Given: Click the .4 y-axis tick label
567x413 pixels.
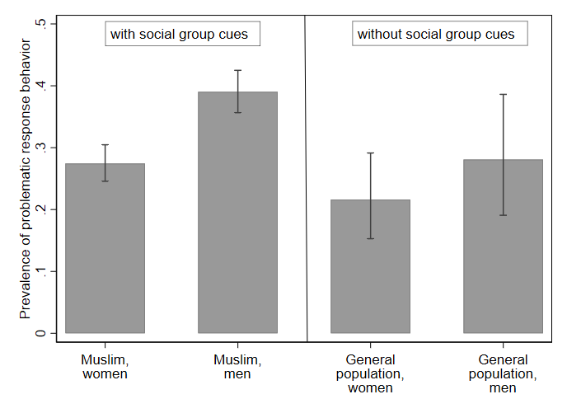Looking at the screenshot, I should pyautogui.click(x=41, y=86).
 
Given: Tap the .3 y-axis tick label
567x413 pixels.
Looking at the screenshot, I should pyautogui.click(x=41, y=148).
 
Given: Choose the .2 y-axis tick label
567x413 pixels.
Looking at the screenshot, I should pyautogui.click(x=41, y=209).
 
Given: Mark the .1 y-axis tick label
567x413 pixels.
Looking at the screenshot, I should pyautogui.click(x=41, y=271).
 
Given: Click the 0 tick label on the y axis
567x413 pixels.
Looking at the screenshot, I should pyautogui.click(x=41, y=333).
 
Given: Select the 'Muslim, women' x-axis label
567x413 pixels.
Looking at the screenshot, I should pyautogui.click(x=105, y=368).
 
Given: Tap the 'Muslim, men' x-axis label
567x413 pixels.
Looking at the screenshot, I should pyautogui.click(x=237, y=368).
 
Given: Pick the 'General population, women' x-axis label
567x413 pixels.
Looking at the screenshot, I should pyautogui.click(x=370, y=374).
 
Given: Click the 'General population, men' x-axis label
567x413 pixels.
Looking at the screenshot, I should pyautogui.click(x=503, y=374).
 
